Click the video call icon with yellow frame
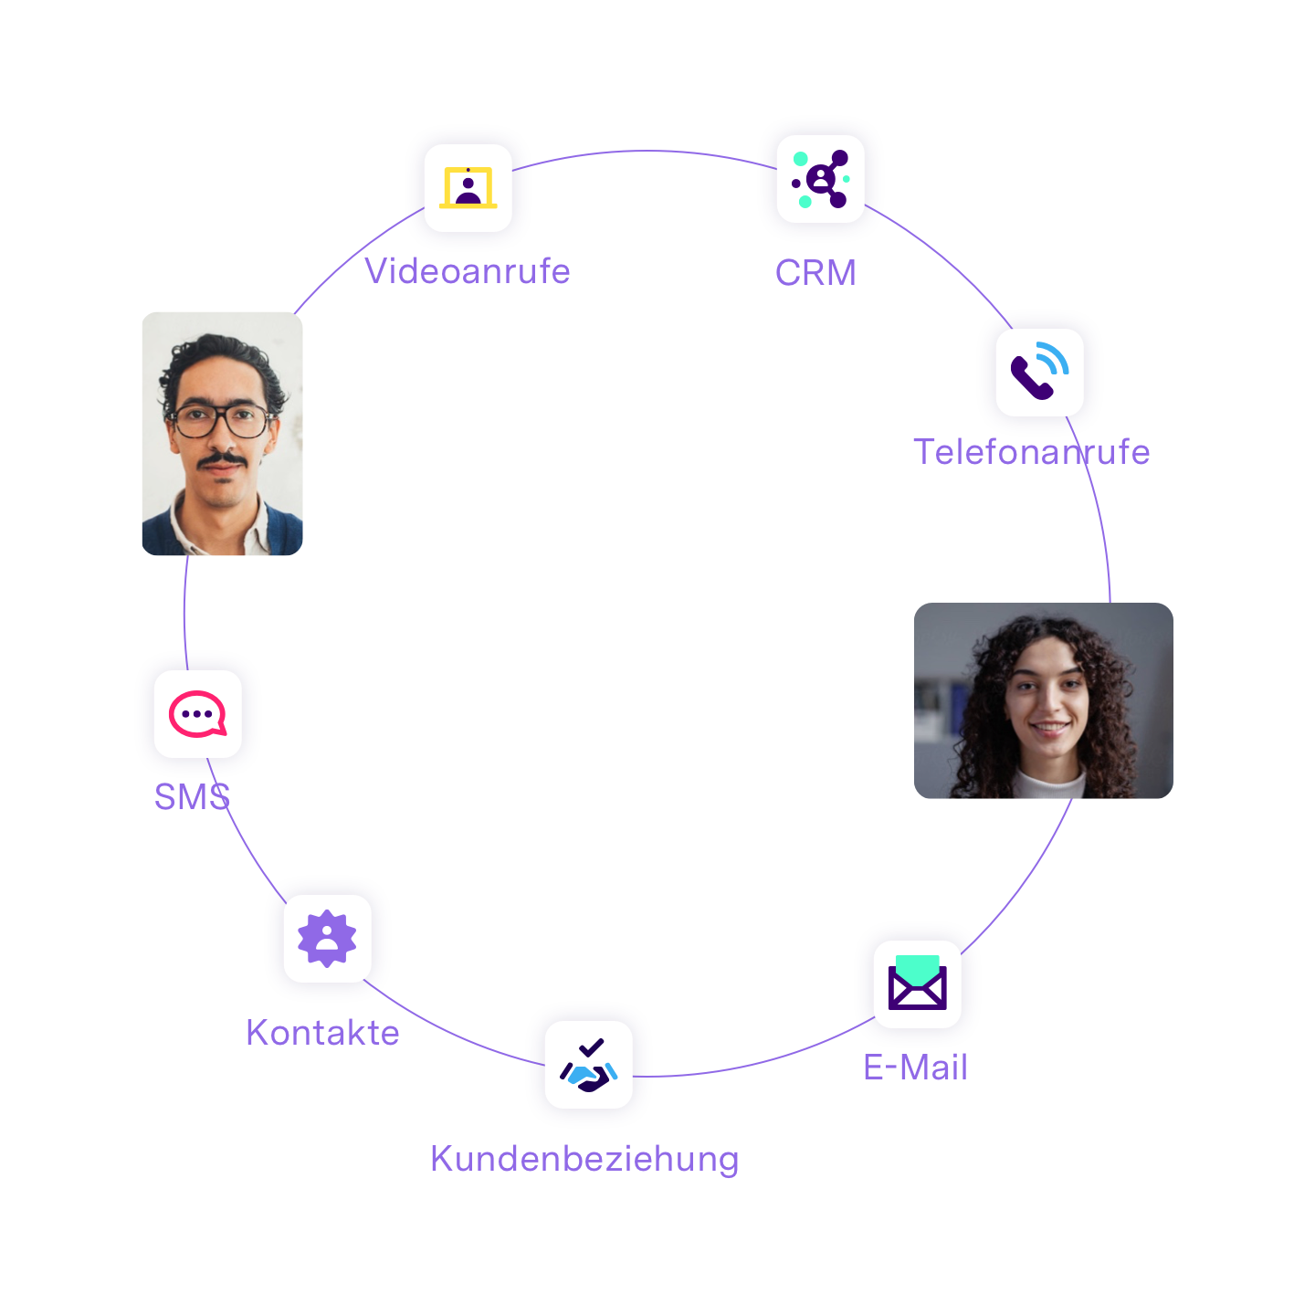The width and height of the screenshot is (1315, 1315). [468, 188]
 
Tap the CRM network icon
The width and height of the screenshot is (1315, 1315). [820, 179]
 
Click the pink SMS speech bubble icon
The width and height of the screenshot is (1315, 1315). [197, 714]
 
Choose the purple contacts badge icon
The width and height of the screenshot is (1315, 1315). [327, 938]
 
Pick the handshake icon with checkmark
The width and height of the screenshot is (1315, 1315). [589, 1065]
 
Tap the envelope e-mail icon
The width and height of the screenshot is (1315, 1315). [918, 984]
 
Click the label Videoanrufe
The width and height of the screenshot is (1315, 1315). [468, 271]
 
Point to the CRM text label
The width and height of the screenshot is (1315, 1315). [815, 273]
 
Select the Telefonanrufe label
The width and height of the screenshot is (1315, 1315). [1031, 452]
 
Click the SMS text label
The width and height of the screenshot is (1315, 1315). [192, 797]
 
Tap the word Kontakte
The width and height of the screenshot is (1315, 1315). [322, 1033]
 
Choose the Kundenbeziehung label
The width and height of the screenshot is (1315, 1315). [584, 1159]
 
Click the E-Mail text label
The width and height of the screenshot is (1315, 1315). [915, 1068]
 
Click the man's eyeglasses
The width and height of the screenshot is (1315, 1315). [221, 421]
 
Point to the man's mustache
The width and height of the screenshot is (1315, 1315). [222, 459]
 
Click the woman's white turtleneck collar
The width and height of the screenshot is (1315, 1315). [1050, 783]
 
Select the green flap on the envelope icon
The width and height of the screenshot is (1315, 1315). [918, 965]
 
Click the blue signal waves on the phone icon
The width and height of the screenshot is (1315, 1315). [1056, 358]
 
